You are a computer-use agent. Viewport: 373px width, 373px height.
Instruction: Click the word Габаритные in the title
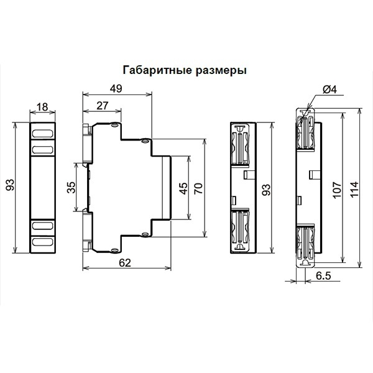point(157,70)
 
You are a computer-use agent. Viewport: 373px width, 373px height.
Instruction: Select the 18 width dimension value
point(42,107)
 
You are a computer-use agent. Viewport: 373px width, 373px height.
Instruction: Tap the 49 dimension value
point(116,88)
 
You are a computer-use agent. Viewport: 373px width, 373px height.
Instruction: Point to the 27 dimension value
point(103,106)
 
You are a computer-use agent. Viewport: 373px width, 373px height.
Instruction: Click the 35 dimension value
point(71,187)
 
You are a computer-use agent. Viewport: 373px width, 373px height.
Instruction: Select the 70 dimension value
point(198,188)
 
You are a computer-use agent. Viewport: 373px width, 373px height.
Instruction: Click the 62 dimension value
point(125,263)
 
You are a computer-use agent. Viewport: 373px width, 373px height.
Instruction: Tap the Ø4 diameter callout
point(330,90)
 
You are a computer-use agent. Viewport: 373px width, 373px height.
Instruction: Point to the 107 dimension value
point(337,190)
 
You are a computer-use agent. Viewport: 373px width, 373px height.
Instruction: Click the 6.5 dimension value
point(323,276)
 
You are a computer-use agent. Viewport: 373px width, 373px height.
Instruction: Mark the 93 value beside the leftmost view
point(10,185)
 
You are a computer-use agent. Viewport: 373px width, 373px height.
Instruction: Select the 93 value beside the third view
point(267,190)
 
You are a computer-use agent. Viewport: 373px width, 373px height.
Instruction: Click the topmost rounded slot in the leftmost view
point(42,134)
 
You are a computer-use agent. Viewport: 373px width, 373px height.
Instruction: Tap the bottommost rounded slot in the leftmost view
point(42,242)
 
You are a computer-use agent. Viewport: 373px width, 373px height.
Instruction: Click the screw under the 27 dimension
point(115,125)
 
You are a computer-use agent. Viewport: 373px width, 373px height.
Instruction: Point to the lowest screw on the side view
point(115,250)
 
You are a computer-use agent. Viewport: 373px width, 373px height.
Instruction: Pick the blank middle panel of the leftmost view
point(43,188)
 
